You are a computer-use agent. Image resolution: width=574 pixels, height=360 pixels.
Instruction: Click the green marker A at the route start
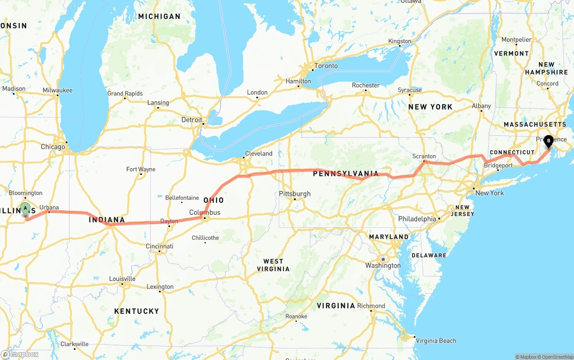pos(26,208)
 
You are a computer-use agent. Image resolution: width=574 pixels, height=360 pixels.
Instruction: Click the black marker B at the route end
pos(548,142)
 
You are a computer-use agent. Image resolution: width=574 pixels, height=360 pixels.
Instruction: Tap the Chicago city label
pos(53,147)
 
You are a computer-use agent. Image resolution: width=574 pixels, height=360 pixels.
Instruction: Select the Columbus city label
pos(204,213)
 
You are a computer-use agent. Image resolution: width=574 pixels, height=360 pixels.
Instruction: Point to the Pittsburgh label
pos(295,194)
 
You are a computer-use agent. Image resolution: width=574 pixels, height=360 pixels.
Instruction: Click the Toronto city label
pos(326,66)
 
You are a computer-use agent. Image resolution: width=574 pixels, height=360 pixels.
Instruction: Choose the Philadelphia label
pos(417,219)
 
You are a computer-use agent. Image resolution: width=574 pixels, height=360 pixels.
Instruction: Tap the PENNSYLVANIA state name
pos(346,173)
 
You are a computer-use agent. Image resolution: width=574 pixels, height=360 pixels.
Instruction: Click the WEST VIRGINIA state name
pos(273,265)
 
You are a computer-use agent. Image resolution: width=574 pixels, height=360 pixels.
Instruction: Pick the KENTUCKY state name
pos(136,311)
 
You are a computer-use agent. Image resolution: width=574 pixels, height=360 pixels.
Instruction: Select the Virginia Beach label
pos(436,341)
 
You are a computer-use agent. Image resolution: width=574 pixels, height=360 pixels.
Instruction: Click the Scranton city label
pos(424,156)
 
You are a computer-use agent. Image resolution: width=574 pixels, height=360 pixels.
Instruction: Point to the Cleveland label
pos(259,153)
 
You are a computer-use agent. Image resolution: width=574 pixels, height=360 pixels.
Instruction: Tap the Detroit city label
pos(191,120)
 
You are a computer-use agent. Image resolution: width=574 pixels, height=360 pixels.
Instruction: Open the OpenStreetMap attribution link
pos(555,357)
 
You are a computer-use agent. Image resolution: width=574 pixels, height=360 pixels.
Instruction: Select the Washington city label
pos(383,265)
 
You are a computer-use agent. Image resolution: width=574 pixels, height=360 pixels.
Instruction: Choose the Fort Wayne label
pos(141,169)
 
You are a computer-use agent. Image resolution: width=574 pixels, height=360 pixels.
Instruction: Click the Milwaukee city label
pos(57,91)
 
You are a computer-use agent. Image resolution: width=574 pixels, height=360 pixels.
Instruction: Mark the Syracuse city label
pos(409,90)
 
